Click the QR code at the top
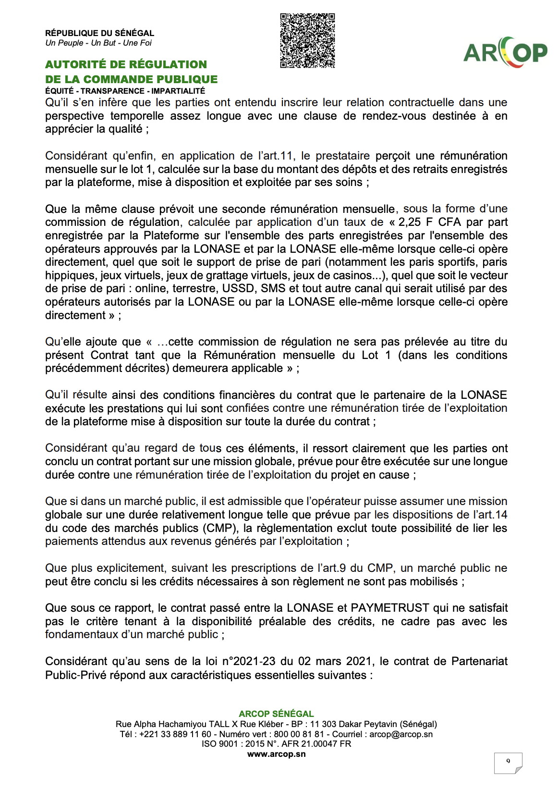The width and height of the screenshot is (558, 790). point(307,40)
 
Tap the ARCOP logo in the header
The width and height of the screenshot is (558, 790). point(505,52)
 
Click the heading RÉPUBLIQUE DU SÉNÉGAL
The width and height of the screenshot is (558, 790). point(99,33)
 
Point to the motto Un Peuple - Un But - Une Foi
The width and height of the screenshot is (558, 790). point(98,43)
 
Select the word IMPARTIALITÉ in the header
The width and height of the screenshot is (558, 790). point(178,91)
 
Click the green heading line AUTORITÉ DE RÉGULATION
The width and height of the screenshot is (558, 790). point(126,64)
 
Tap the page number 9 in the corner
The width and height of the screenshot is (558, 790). point(508,761)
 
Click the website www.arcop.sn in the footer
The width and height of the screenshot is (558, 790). point(276,754)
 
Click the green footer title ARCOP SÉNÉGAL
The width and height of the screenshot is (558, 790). point(276,714)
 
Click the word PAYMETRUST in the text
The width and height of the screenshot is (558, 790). point(389,608)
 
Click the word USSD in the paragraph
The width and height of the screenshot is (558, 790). point(237,289)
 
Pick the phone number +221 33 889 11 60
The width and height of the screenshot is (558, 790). point(175,734)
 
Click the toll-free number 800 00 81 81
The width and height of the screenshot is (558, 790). point(299,734)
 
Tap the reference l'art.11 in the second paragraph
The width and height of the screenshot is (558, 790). point(275,156)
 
